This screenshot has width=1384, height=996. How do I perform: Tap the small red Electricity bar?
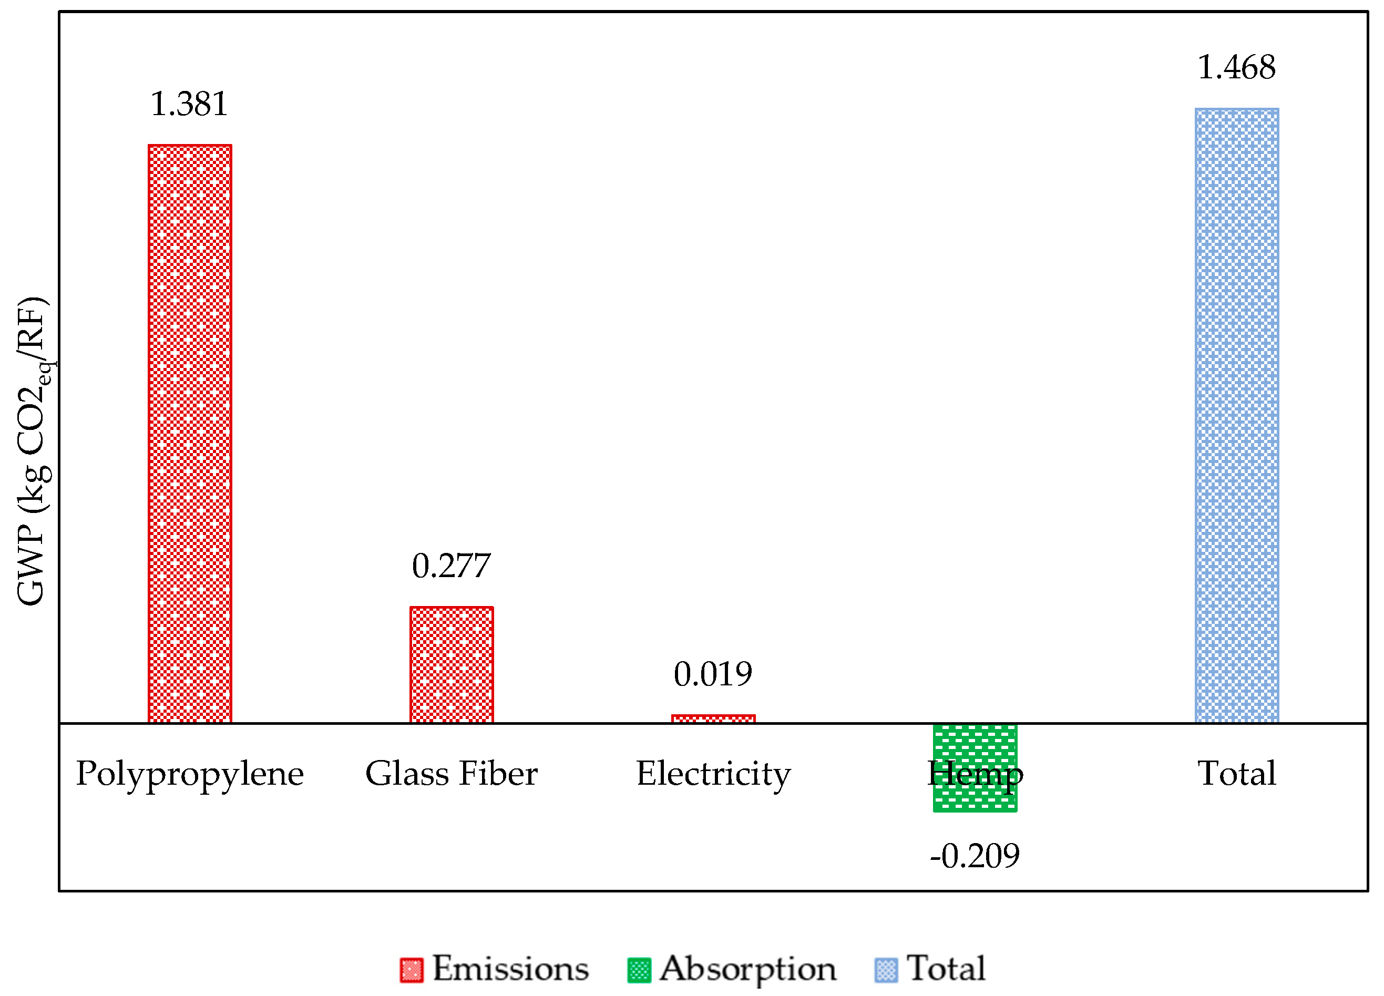pos(713,719)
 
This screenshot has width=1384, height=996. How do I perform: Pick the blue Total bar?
pos(1236,416)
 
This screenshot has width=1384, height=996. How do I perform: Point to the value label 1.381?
pos(189,104)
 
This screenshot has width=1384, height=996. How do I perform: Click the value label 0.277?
pos(451,566)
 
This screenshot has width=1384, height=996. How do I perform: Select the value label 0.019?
pos(713,674)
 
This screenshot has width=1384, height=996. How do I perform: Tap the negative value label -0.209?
pos(975,856)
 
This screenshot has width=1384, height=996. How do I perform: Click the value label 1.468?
pos(1236,67)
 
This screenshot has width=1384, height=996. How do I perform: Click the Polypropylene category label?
pos(190,774)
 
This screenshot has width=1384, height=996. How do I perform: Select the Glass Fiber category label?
pos(452,773)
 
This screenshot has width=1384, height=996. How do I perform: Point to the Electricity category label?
pos(713,773)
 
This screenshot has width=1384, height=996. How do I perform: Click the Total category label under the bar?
pos(1236,773)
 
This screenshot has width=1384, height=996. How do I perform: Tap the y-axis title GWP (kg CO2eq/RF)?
pos(32,451)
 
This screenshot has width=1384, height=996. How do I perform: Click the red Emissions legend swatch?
pos(411,970)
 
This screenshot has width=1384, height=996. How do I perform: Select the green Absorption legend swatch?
pos(639,970)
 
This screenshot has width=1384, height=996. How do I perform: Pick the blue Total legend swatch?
pos(886,970)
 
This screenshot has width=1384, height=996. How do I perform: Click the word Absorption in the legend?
pos(747,969)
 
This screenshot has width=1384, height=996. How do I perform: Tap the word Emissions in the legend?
pos(511,968)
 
